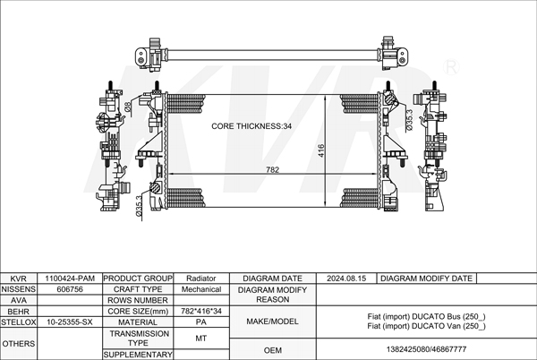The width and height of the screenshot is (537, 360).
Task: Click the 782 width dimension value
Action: [x=273, y=170]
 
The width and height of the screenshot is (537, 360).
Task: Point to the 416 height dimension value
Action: [x=321, y=150]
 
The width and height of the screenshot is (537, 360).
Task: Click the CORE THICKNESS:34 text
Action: [x=251, y=126]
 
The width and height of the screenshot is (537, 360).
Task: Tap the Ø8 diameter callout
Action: [x=128, y=107]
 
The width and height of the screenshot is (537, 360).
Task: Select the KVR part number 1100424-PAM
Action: [x=70, y=279]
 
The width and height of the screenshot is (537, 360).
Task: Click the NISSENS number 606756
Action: [x=70, y=289]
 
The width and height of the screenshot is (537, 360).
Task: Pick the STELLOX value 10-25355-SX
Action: [x=70, y=322]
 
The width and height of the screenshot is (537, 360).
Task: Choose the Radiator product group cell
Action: [x=201, y=279]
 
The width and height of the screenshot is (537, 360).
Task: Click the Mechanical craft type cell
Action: [x=201, y=289]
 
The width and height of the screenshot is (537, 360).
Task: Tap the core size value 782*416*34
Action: [x=201, y=311]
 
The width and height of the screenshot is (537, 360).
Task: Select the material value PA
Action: [x=201, y=322]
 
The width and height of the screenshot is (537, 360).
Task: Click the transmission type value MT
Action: [x=201, y=339]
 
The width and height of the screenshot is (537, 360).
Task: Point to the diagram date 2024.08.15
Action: [x=346, y=279]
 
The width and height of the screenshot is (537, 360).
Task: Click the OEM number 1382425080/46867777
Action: [x=426, y=349]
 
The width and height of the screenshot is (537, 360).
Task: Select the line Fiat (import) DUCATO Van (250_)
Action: [x=426, y=326]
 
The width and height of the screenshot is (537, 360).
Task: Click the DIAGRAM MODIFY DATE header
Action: [x=426, y=279]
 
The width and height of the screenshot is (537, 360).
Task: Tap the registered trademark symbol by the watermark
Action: [x=451, y=67]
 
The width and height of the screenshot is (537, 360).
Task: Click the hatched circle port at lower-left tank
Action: [x=155, y=187]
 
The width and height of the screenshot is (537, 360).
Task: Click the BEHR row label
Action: [x=18, y=312]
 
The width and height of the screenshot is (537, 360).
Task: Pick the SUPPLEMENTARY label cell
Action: [x=138, y=355]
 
